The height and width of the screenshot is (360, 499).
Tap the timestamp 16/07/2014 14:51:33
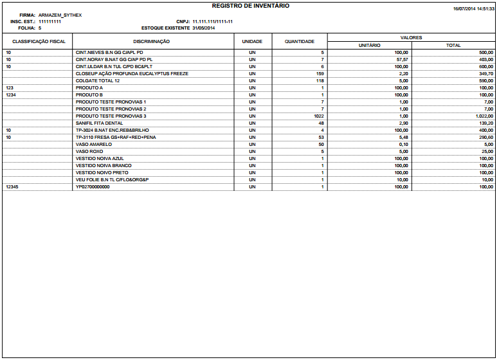pos(473,9)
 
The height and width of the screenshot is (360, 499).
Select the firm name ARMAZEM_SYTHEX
pos(60,15)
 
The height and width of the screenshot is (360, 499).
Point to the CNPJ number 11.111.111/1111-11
pos(212,22)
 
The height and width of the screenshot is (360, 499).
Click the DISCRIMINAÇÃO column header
pos(152,41)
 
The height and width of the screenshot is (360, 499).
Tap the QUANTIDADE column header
pos(299,41)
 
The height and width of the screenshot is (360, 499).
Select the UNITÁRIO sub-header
pos(369,45)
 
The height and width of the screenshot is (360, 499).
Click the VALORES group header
pos(411,38)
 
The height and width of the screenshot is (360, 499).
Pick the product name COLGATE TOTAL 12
pos(98,80)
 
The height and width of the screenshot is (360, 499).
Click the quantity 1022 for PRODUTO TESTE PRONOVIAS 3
pos(318,116)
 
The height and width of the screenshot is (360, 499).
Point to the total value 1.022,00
pos(484,116)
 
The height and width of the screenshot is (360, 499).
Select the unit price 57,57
pos(402,59)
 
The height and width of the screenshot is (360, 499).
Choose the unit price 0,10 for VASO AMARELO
pos(403,145)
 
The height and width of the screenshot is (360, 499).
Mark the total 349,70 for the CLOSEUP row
pos(486,73)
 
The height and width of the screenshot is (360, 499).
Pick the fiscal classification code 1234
pos(11,94)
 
